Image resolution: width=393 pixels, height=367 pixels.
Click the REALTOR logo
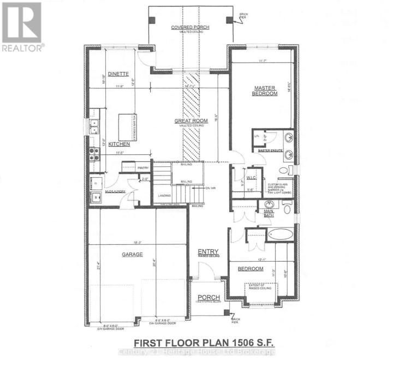[22, 26]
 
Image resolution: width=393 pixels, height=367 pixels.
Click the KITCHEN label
[118, 144]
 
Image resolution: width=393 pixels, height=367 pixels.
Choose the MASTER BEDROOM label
[265, 90]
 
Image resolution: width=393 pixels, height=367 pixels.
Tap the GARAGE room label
[132, 254]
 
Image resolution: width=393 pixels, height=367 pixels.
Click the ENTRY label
[207, 251]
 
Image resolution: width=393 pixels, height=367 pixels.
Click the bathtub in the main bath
[281, 235]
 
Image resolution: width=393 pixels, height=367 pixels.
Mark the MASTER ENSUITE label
[272, 150]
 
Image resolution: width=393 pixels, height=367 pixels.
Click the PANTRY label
[143, 168]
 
